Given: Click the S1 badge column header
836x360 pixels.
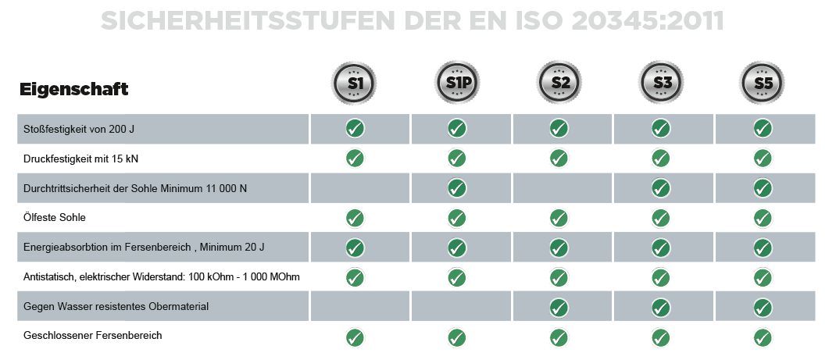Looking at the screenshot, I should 356,81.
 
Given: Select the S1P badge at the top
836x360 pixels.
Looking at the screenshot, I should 458,81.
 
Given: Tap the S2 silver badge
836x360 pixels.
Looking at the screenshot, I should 559,81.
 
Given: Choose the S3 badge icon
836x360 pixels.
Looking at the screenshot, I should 661,81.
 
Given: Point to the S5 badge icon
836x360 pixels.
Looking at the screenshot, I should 763,81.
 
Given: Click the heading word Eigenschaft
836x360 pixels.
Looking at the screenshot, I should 73,89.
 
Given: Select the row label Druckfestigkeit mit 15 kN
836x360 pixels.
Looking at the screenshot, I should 71,159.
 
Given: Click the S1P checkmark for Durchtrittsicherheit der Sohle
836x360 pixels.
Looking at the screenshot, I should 457,188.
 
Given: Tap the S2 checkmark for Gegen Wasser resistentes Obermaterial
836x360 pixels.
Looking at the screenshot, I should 559,306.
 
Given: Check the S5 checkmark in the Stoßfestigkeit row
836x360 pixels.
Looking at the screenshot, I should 763,129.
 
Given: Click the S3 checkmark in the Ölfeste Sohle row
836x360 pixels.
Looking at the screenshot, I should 661,218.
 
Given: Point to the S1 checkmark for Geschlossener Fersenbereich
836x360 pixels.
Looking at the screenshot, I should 355,337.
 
